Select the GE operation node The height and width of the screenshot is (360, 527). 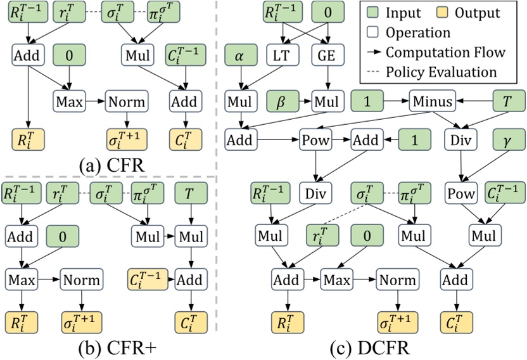click(327, 56)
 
